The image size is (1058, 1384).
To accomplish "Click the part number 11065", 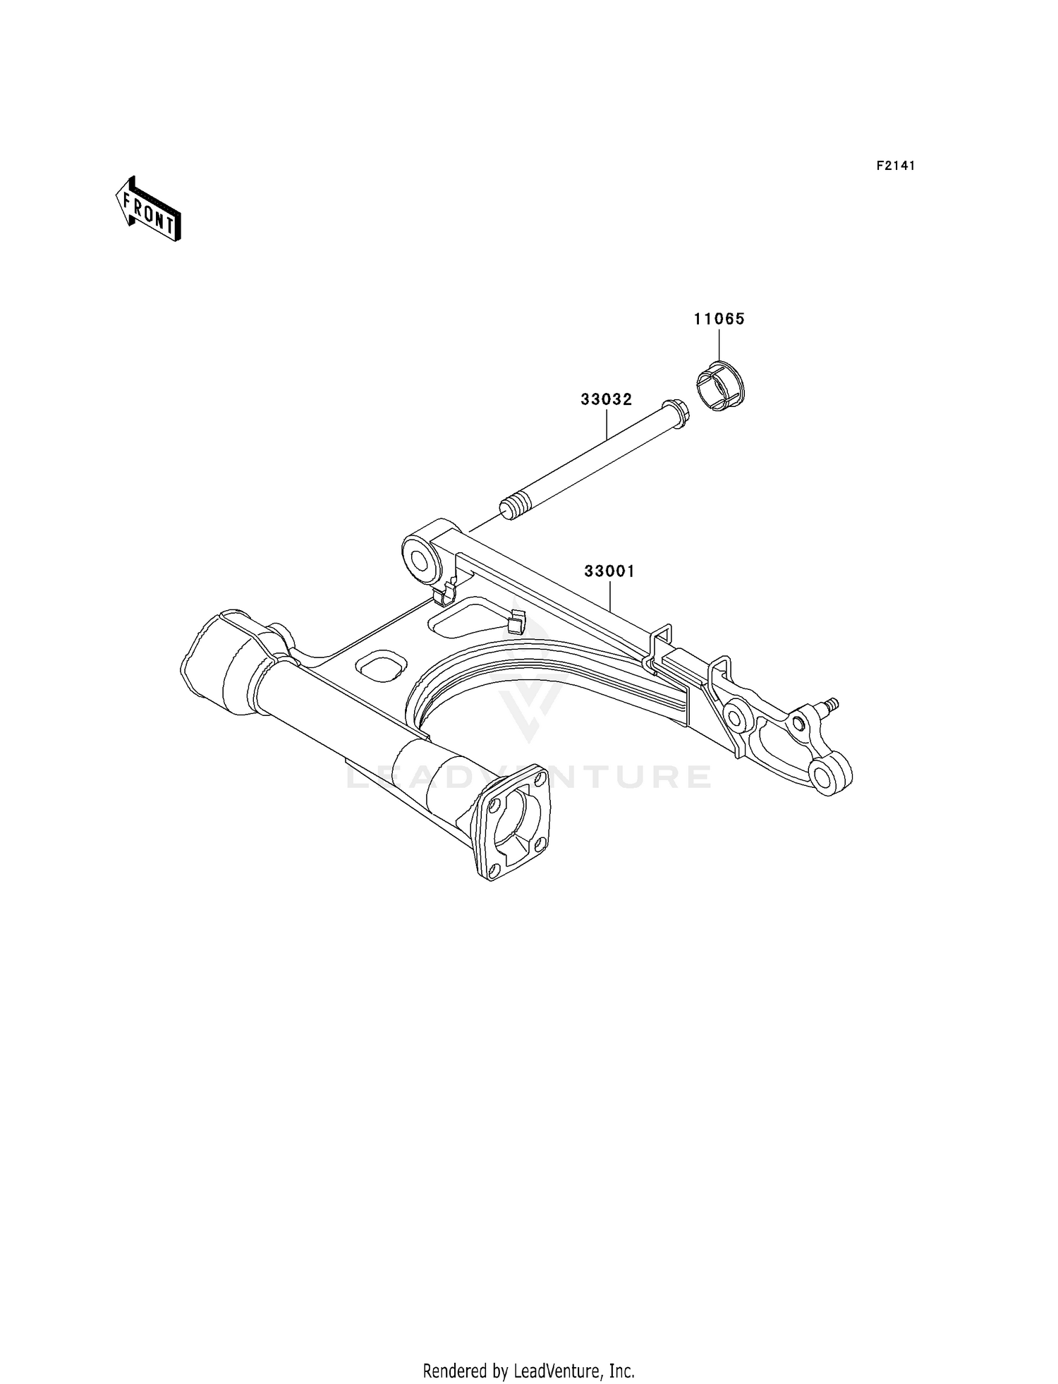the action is [x=719, y=319].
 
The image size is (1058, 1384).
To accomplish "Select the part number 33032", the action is [x=606, y=399].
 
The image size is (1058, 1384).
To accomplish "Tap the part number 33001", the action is [x=609, y=571].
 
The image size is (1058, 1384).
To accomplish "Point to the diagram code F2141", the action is [x=895, y=166].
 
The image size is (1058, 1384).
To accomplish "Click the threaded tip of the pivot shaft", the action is [x=513, y=507].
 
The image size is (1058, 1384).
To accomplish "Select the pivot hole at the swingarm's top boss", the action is [x=422, y=562].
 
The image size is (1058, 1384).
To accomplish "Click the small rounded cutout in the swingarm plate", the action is [x=382, y=665].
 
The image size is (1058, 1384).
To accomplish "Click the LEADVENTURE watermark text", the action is [x=528, y=776].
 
